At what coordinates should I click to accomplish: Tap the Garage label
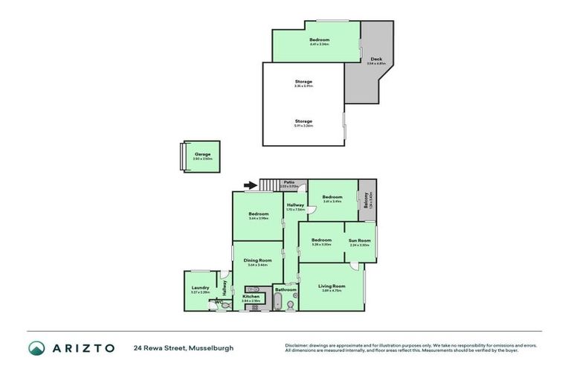[203, 153]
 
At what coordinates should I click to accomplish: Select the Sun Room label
[360, 240]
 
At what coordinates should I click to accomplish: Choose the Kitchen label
[251, 296]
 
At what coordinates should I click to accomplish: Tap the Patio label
[289, 182]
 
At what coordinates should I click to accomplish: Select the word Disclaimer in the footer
[297, 345]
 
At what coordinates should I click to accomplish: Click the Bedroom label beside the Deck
[319, 40]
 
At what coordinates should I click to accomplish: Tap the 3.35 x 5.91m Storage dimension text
[303, 86]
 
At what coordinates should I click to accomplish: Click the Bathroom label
[285, 289]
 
